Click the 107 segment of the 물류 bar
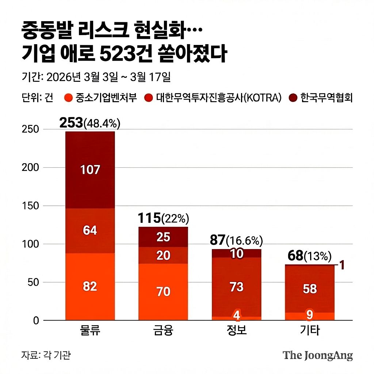pyautogui.click(x=90, y=170)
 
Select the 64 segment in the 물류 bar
pyautogui.click(x=90, y=230)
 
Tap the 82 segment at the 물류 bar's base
pyautogui.click(x=90, y=286)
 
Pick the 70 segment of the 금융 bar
pyautogui.click(x=163, y=291)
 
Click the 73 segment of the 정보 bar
pyautogui.click(x=237, y=287)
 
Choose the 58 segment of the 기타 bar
pyautogui.click(x=310, y=289)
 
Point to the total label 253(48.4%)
pyautogui.click(x=90, y=123)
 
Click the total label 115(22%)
pyautogui.click(x=163, y=218)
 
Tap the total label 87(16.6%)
pyautogui.click(x=237, y=240)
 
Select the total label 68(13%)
pyautogui.click(x=310, y=256)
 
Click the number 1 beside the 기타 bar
pyautogui.click(x=342, y=266)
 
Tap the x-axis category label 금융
pyautogui.click(x=163, y=331)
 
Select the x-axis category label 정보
pyautogui.click(x=237, y=331)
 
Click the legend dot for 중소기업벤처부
pyautogui.click(x=68, y=98)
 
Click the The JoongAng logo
pyautogui.click(x=318, y=355)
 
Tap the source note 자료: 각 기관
pyautogui.click(x=46, y=355)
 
